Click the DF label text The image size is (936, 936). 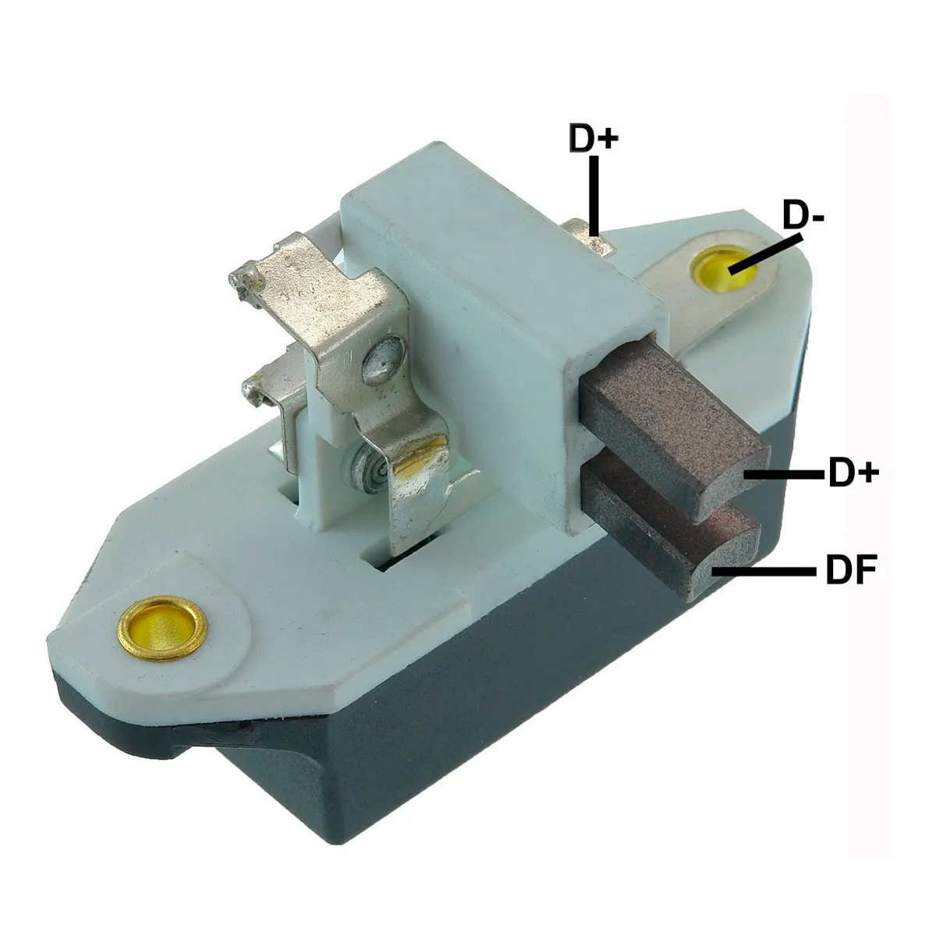850,569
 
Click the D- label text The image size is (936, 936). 804,216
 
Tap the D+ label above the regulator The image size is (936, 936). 594,139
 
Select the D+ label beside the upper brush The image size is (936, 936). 853,473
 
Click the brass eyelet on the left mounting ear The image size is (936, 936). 161,628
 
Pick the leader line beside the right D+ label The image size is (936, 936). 784,473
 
